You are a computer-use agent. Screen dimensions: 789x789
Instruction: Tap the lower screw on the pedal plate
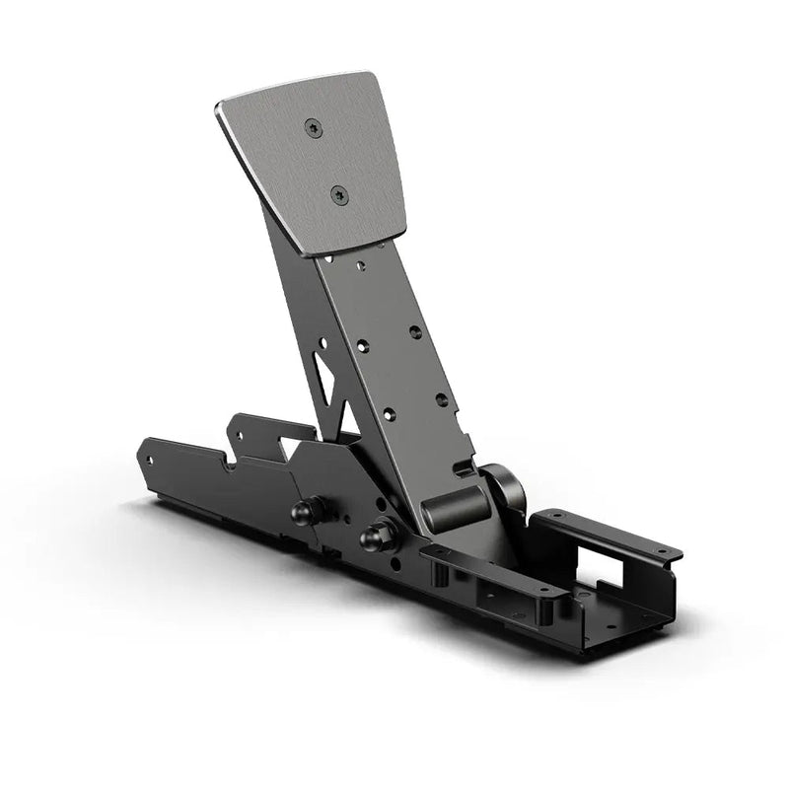(x=338, y=195)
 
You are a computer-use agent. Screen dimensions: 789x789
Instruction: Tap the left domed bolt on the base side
(x=307, y=512)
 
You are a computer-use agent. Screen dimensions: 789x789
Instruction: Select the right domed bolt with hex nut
(x=378, y=536)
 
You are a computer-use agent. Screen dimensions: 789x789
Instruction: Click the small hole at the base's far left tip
(x=150, y=459)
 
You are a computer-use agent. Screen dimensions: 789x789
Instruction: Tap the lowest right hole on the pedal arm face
(x=441, y=399)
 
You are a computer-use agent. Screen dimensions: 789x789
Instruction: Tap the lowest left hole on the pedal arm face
(x=389, y=414)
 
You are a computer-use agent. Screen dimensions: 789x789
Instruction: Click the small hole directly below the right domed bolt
(x=392, y=566)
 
